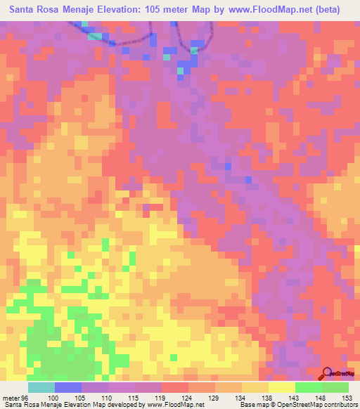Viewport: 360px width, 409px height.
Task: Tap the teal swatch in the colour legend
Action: (41, 387)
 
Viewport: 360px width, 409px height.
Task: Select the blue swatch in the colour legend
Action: (67, 387)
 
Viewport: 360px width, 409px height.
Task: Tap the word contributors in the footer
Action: (338, 405)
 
